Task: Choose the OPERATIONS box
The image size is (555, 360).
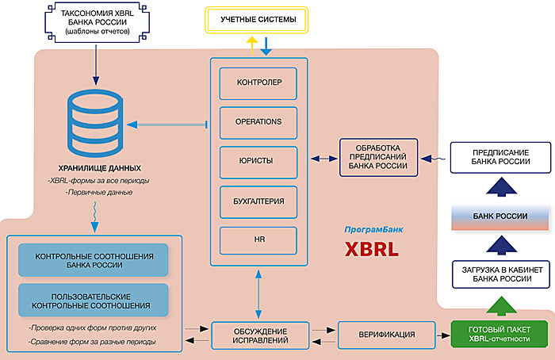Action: (258, 121)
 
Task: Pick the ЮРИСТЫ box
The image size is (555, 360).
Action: (258, 160)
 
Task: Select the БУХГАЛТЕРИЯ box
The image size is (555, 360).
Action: (258, 200)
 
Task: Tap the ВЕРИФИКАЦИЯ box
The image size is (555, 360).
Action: (388, 334)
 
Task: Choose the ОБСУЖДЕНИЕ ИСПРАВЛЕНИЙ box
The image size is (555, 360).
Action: (258, 334)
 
